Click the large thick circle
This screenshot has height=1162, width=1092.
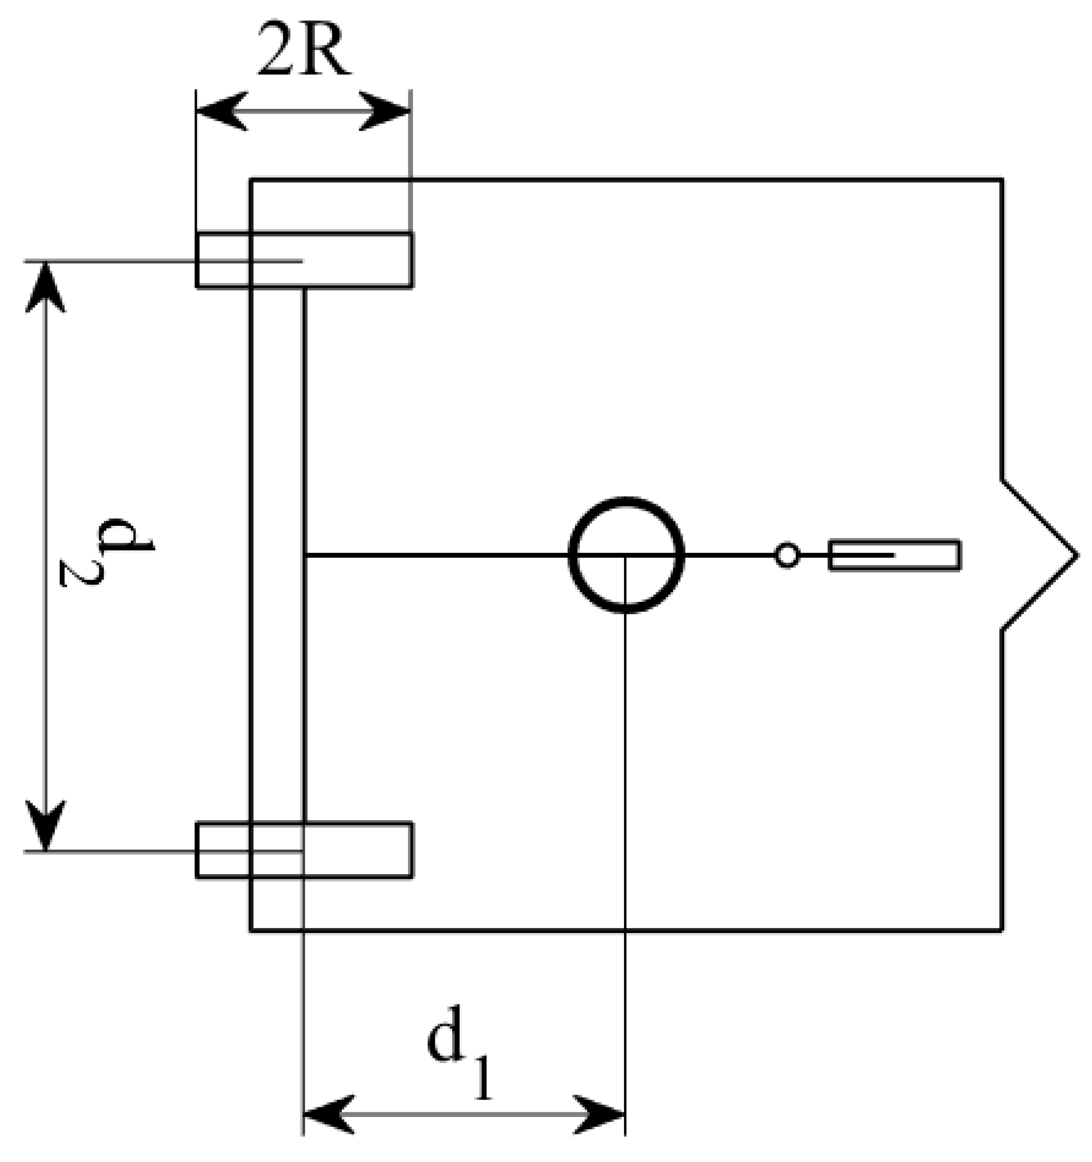pos(626,555)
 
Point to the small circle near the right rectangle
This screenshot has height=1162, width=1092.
pos(787,555)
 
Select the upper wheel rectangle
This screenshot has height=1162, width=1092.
pos(305,260)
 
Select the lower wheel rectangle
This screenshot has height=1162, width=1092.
pos(305,850)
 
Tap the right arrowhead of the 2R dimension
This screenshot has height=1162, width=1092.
pos(386,110)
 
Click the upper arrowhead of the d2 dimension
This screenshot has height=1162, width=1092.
pos(45,286)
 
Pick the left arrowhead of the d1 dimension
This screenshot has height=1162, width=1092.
pos(328,1114)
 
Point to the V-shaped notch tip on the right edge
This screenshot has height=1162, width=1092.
pos(1076,555)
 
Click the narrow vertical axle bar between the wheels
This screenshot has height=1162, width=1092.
pos(277,555)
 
